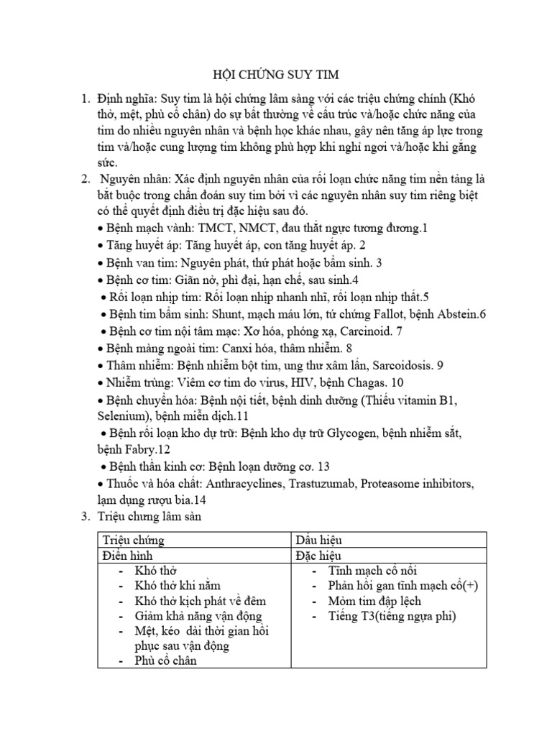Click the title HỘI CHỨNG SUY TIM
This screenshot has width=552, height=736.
pyautogui.click(x=276, y=75)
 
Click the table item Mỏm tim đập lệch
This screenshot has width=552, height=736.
pyautogui.click(x=374, y=600)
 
